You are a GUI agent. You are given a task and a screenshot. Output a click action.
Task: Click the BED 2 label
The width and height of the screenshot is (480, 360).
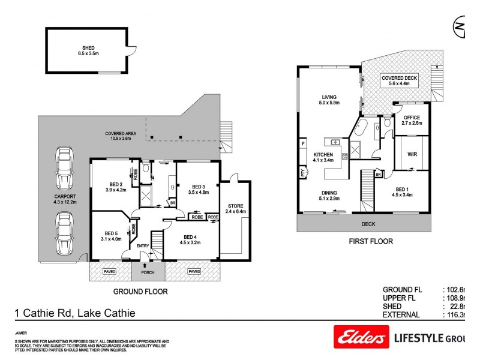(x=116, y=184)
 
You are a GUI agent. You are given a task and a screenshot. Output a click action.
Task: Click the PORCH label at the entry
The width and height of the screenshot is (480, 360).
(x=148, y=272)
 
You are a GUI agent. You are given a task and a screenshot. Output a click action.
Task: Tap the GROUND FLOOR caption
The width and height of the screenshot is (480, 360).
(x=140, y=292)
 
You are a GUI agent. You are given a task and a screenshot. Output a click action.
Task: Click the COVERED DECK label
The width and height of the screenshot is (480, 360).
(x=399, y=78)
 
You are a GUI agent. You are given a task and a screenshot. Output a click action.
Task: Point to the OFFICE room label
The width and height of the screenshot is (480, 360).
(x=412, y=118)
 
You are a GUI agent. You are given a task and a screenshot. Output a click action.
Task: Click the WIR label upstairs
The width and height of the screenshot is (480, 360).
(x=412, y=154)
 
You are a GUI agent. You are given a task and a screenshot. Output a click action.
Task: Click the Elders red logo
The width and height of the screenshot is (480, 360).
(x=359, y=338)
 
